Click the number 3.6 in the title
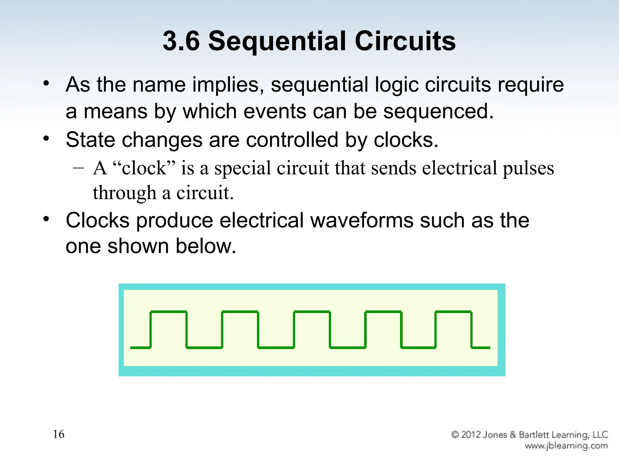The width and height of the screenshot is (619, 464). (181, 41)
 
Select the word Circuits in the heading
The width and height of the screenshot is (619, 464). (405, 41)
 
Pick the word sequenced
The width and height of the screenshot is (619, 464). (438, 112)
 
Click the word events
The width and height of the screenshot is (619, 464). (275, 111)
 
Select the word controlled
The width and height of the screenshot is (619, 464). (292, 140)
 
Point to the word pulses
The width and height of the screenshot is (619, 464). (528, 169)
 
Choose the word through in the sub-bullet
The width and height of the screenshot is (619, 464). (124, 193)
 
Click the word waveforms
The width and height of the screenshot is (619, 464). (361, 220)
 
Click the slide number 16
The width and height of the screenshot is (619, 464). (59, 434)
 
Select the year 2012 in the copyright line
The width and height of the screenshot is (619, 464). (471, 435)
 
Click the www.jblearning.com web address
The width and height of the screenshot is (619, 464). (566, 446)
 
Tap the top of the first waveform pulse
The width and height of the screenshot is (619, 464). (168, 311)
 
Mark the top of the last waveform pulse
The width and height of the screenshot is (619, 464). (453, 311)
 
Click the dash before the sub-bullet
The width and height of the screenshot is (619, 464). (78, 168)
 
